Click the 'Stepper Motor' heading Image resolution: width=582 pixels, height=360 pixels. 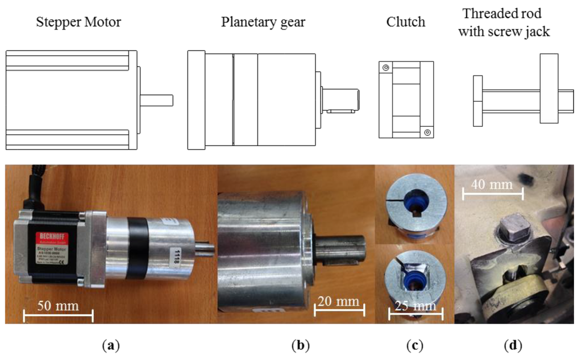coord(78,23)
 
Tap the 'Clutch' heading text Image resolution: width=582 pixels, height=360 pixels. coord(405,22)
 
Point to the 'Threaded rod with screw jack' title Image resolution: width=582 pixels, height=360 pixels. coord(505,22)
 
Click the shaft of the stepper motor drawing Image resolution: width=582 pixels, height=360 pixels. coord(155,100)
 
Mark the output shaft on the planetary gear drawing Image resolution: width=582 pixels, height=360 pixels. coord(340,100)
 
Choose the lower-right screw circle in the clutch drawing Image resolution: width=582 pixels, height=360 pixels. coord(427,132)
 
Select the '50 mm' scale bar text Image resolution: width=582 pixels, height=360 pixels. coord(59,305)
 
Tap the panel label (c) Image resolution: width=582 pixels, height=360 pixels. coord(397,345)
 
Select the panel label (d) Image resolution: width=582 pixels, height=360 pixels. coord(512,345)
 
